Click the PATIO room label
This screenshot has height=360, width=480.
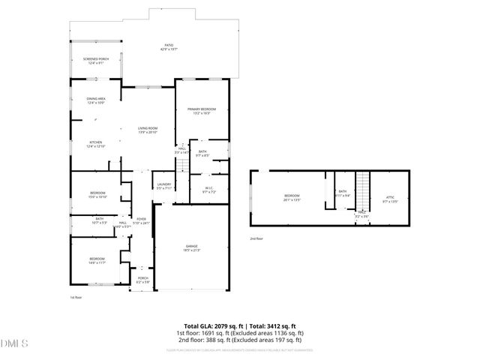169,46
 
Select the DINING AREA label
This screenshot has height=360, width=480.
95,100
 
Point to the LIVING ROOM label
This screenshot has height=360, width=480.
147,130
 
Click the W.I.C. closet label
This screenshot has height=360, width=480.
209,189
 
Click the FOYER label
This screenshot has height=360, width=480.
140,220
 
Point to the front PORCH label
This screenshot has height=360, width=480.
142,279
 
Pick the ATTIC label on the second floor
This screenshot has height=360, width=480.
390,199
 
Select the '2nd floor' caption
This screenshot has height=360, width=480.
257,239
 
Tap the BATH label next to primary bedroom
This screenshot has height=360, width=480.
202,154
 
